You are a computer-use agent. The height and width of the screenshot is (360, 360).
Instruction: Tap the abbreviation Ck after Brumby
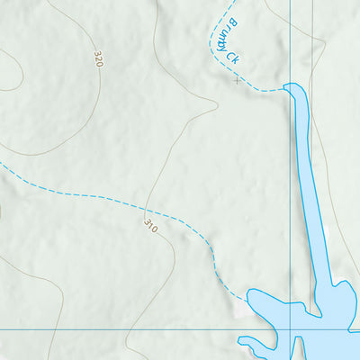(x=232, y=57)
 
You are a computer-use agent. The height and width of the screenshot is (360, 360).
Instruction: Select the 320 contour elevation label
(x=98, y=59)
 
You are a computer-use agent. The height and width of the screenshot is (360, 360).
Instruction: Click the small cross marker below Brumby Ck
(x=237, y=80)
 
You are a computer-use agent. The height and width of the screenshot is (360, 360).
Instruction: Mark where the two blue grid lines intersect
(x=291, y=329)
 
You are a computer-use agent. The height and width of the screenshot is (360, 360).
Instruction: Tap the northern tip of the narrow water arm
(x=292, y=87)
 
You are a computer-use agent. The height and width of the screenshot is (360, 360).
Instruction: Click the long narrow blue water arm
(x=304, y=180)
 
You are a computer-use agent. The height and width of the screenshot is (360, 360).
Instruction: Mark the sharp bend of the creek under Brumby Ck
(x=217, y=56)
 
